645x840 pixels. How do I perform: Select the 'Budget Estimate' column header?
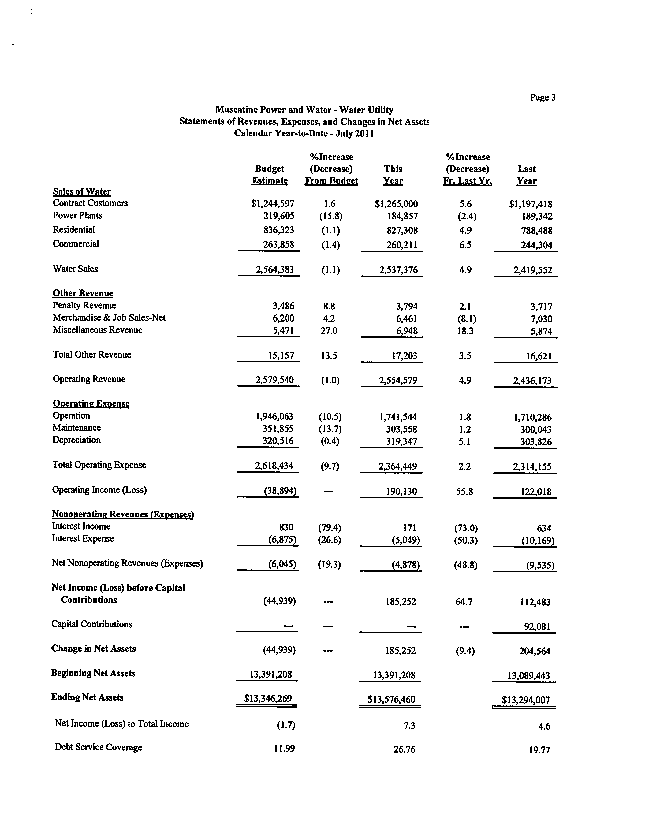click(x=270, y=175)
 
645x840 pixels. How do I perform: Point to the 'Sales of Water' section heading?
click(x=82, y=191)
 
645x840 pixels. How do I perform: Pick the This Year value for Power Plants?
click(x=402, y=216)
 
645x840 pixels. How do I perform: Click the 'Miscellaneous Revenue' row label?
click(x=98, y=330)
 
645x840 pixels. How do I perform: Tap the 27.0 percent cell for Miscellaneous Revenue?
click(x=329, y=331)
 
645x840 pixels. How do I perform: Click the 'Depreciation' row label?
click(x=76, y=440)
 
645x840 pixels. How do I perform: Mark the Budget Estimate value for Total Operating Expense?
click(x=274, y=466)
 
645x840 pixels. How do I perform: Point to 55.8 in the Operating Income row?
click(x=464, y=491)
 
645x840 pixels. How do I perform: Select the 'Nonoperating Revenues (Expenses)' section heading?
click(x=122, y=514)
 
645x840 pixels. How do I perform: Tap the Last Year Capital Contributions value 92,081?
click(x=537, y=626)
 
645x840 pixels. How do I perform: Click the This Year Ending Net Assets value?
click(x=391, y=699)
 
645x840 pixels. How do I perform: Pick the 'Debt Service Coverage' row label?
click(x=98, y=747)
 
